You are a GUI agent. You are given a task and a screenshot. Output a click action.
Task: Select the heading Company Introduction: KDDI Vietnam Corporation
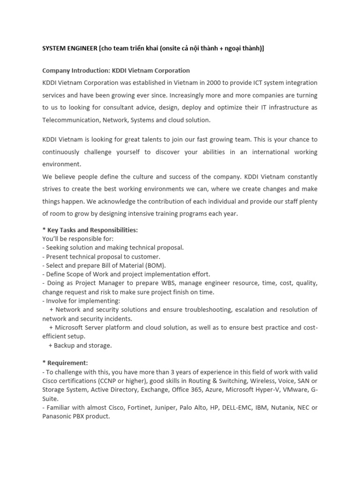tap(116, 71)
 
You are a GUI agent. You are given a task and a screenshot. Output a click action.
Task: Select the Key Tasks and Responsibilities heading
tap(90, 231)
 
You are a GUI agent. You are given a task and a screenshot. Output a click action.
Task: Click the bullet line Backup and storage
tap(80, 345)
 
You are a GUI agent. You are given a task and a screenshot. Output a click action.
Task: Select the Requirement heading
tap(65, 363)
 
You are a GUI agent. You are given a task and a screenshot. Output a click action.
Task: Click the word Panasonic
tap(57, 416)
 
